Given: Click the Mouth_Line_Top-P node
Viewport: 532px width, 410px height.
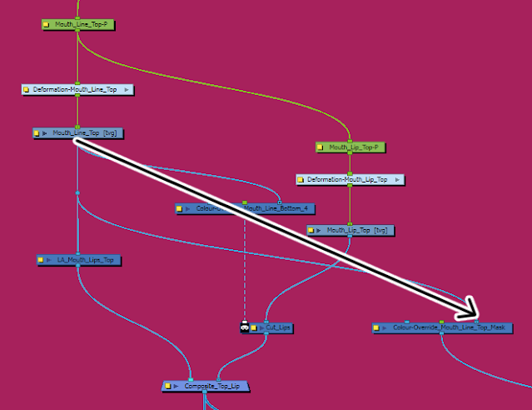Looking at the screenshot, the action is (77, 25).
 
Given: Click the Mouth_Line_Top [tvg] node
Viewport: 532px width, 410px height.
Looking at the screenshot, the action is (77, 132).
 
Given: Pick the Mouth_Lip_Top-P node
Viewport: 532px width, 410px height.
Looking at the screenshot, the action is (350, 147).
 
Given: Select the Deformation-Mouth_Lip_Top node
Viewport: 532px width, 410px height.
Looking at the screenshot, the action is (350, 179).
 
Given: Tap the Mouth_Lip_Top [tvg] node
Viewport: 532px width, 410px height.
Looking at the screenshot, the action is (350, 230).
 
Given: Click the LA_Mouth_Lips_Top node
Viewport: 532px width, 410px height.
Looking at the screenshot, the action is (79, 260).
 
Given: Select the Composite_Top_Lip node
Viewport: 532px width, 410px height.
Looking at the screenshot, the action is (206, 387).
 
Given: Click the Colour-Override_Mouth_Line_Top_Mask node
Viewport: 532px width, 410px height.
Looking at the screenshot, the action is (441, 328).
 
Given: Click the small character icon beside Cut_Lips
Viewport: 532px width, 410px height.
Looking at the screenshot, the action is (245, 327).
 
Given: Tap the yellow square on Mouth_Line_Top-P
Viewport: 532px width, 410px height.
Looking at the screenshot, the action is (47, 25).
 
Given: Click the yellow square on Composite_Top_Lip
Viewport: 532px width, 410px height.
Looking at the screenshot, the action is (168, 387).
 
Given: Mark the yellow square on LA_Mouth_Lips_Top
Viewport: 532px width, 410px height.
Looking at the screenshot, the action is (41, 260).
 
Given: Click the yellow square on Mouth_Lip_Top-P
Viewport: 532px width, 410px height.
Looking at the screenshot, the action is (321, 147).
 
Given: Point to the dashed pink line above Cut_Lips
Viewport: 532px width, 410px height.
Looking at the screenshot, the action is (245, 267).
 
